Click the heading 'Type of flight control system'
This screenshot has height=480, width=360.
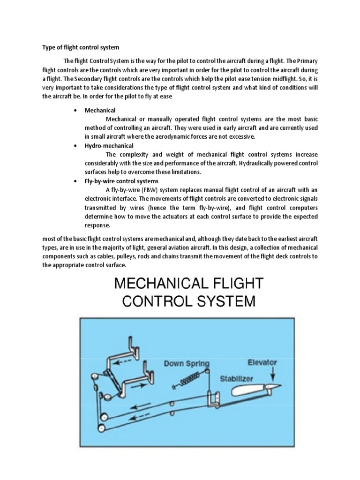[x=81, y=47]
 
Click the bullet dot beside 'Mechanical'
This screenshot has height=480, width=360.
[x=75, y=111]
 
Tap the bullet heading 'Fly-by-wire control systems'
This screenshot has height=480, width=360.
[x=121, y=181]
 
